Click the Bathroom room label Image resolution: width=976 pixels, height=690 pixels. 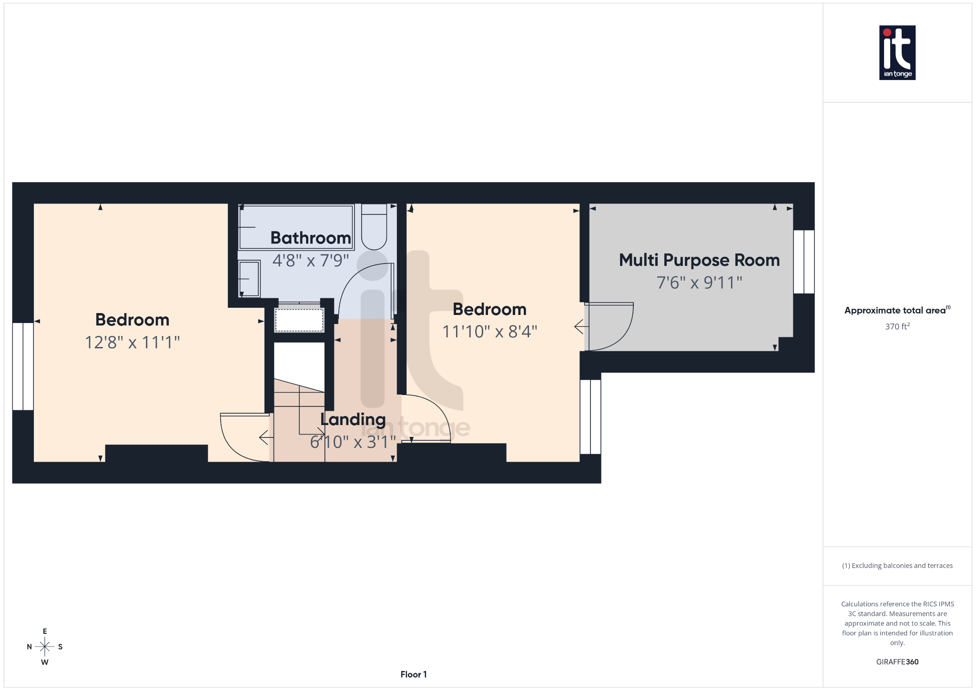(310, 238)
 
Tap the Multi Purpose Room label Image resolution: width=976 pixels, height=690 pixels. (699, 260)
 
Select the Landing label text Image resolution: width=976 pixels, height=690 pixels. (353, 419)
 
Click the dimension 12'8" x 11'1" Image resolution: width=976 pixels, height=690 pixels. (132, 342)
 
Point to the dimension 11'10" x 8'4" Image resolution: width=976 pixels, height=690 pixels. (489, 331)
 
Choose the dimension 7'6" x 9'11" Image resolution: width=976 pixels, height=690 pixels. (699, 283)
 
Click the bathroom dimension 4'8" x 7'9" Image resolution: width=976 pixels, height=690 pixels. (310, 260)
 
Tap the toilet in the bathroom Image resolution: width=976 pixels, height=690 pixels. (374, 227)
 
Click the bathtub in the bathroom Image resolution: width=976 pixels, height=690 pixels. (295, 227)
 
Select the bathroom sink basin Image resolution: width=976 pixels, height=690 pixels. (249, 278)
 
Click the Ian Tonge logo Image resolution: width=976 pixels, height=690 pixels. (897, 52)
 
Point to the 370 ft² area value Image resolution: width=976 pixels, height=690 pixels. (897, 326)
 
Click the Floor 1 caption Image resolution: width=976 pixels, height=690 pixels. (413, 674)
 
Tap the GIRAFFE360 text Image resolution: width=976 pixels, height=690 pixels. (897, 662)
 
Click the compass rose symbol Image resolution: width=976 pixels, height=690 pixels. (45, 647)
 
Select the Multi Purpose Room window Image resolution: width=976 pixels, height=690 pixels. (804, 262)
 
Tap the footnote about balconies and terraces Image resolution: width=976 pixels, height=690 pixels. (897, 566)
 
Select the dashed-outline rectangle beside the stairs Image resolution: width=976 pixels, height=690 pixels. (299, 320)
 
